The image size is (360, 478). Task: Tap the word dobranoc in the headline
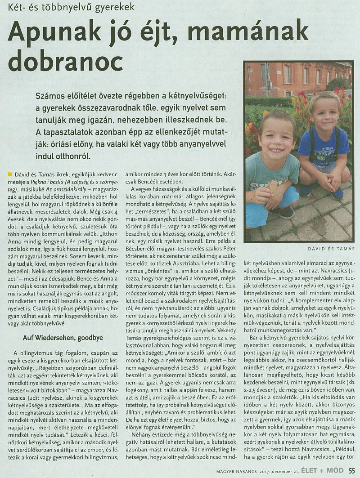pos(66,61)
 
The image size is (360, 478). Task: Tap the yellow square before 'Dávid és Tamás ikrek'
pos(10,174)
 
